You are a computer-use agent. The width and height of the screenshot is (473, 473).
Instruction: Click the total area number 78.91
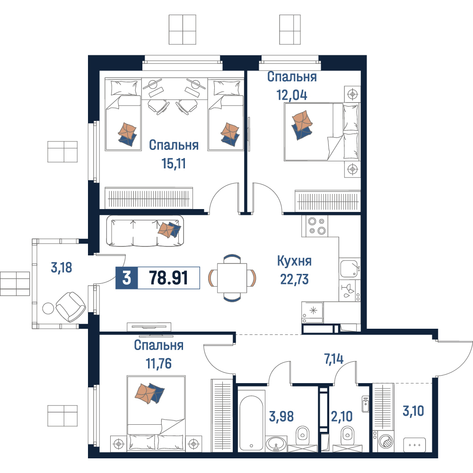pos(169,278)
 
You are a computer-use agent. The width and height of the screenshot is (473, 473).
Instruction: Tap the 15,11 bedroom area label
pos(174,164)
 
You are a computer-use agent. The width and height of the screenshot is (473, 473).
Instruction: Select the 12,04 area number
pos(292,95)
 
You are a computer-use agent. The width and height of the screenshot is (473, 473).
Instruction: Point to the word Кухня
pos(294,261)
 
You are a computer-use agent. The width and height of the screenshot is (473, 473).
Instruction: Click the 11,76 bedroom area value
pos(158,363)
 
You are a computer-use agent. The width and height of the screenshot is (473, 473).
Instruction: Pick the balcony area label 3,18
pos(61,268)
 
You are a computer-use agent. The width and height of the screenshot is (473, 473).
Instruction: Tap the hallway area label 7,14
pos(333,359)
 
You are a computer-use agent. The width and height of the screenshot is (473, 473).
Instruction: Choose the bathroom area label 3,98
pos(281,416)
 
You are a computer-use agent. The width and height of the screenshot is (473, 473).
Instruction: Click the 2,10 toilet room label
pos(342,416)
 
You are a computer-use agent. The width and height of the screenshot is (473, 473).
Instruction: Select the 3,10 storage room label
pos(413,411)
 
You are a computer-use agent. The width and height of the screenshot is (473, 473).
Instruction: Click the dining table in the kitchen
pos(232,278)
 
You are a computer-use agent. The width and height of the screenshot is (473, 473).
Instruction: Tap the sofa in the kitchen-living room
pos(145,231)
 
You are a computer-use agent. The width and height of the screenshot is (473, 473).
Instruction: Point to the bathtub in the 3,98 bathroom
pos(251,420)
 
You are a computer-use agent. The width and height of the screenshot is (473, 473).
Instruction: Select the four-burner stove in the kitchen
pos(315,226)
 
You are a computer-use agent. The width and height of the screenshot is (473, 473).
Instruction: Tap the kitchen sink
pos(350,268)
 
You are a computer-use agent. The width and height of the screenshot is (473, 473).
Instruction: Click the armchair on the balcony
pos(70,307)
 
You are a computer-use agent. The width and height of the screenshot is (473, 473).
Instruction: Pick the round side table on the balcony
pos(48,308)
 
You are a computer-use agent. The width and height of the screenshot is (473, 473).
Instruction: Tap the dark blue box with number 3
pos(127,278)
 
